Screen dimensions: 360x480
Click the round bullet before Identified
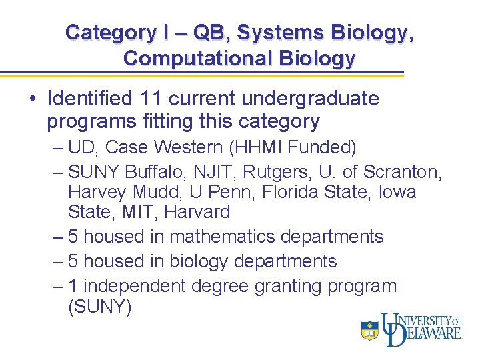coord(32,100)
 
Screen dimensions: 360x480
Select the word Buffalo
coord(152,172)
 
